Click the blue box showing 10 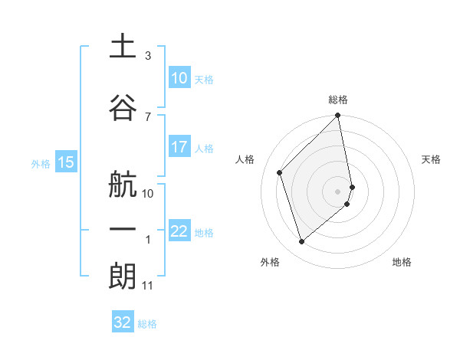[x=179, y=78]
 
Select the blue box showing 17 [x=179, y=147]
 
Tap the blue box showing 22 [x=179, y=231]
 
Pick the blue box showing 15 [x=66, y=162]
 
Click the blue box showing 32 [x=123, y=322]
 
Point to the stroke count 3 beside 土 [x=148, y=57]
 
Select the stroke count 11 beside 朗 [x=148, y=286]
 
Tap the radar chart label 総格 [x=338, y=100]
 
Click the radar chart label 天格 [x=431, y=159]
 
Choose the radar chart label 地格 [x=402, y=262]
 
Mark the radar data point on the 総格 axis [x=338, y=116]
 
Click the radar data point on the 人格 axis [x=280, y=172]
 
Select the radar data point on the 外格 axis [x=301, y=241]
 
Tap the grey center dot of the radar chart [x=338, y=191]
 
